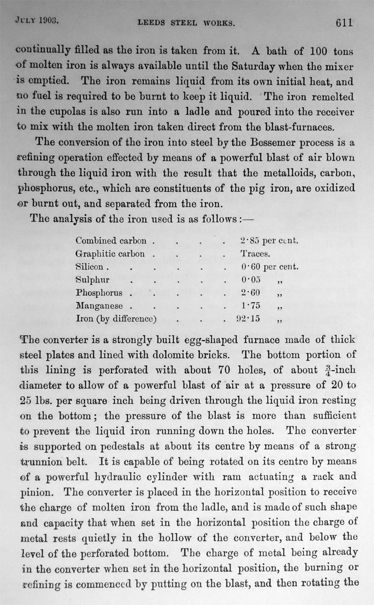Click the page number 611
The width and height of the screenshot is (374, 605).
tap(344, 23)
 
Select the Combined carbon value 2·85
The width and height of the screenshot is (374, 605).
tap(250, 241)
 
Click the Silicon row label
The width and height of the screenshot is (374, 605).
tap(90, 267)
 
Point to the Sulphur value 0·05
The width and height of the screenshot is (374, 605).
tap(250, 280)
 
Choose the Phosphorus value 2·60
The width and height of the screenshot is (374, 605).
tap(250, 293)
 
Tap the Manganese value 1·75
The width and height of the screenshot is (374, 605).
tap(250, 306)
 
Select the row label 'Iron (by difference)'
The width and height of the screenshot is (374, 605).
tap(116, 319)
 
